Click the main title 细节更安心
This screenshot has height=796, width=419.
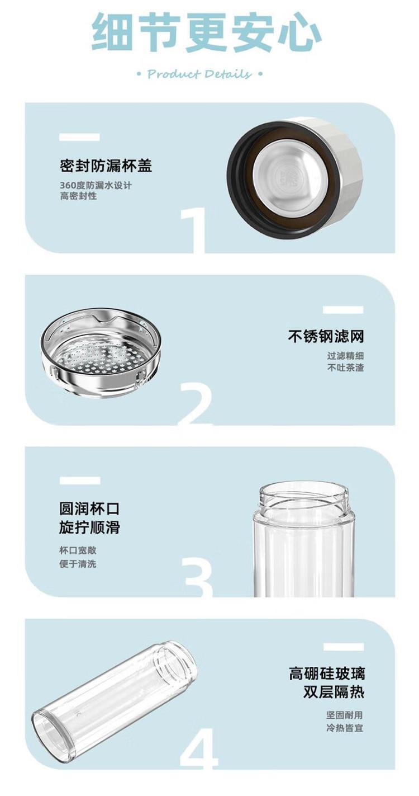[207, 32]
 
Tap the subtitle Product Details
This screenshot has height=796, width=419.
[199, 74]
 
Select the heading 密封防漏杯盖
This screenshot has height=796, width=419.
[106, 166]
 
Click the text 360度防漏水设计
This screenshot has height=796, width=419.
[96, 185]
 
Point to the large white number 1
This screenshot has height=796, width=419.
[194, 230]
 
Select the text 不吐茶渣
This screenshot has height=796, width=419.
[345, 368]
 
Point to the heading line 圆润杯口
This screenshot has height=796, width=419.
[89, 508]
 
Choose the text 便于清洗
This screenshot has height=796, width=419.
[78, 564]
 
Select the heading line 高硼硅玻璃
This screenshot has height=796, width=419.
[326, 673]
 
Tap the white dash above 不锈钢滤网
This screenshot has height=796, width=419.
[343, 310]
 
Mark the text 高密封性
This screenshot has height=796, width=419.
[78, 196]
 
